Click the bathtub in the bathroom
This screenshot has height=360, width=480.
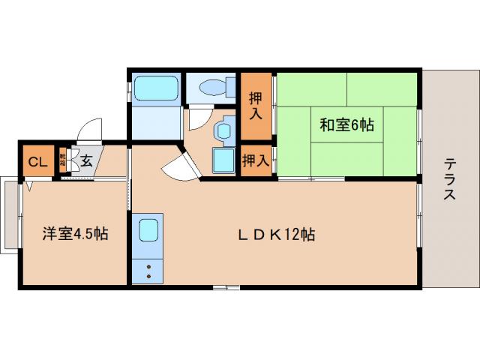156,89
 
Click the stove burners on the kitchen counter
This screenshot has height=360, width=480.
148,270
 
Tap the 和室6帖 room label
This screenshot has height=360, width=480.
346,125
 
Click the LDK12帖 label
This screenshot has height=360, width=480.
276,235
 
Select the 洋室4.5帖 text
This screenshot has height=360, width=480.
74,233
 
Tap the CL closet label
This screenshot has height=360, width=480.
36,160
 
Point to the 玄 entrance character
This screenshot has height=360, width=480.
86,160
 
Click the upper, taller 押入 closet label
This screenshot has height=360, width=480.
256,106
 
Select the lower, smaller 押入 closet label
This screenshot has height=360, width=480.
256,160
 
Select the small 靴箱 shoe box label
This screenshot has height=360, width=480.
64,160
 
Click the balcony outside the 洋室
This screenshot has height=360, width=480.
10,214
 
